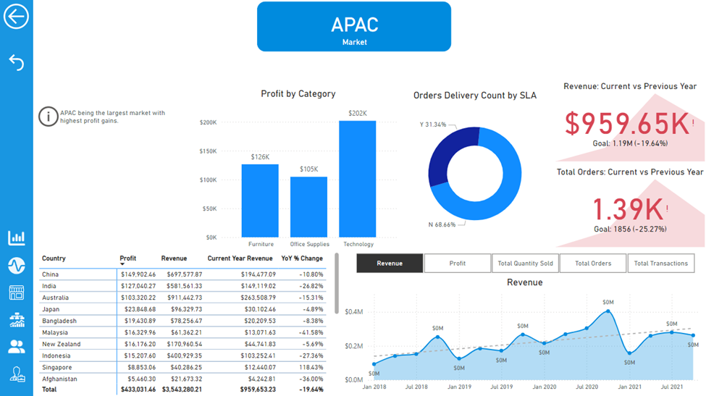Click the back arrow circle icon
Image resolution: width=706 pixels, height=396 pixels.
coord(16,17)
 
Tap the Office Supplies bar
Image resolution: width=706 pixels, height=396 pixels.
coord(309,207)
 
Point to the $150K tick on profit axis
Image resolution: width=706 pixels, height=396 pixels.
coord(208,151)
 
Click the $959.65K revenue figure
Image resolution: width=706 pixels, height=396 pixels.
coord(626,124)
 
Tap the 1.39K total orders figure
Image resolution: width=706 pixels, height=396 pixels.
coord(628,209)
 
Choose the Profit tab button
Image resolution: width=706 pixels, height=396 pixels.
coord(458,264)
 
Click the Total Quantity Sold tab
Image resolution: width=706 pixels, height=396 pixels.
coord(525,264)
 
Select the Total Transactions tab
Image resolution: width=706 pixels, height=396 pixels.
coord(660,264)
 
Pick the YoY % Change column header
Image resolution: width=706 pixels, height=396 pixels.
coord(302,258)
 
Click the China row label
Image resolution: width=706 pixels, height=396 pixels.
coord(51,274)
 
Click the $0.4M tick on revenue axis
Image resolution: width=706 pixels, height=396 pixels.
coord(354,312)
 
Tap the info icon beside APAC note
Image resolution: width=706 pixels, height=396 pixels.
coord(48,116)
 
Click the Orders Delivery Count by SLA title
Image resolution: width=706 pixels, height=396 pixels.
coord(474,96)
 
